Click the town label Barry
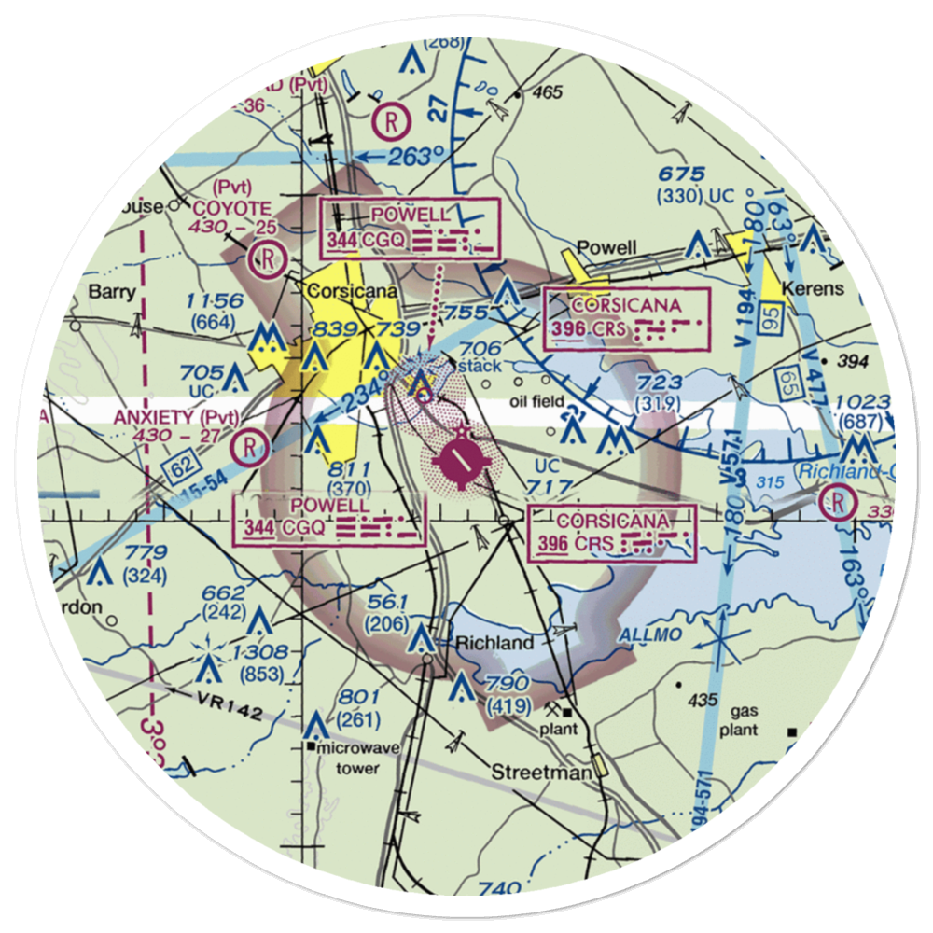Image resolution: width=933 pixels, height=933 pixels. pyautogui.click(x=112, y=292)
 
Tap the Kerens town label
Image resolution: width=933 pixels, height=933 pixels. pyautogui.click(x=814, y=288)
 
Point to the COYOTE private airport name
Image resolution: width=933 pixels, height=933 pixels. pyautogui.click(x=232, y=209)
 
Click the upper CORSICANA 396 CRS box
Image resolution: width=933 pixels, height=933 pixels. pyautogui.click(x=626, y=320)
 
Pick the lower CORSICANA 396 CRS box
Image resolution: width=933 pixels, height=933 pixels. pyautogui.click(x=612, y=534)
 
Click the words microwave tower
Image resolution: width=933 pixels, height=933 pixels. pyautogui.click(x=346, y=757)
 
